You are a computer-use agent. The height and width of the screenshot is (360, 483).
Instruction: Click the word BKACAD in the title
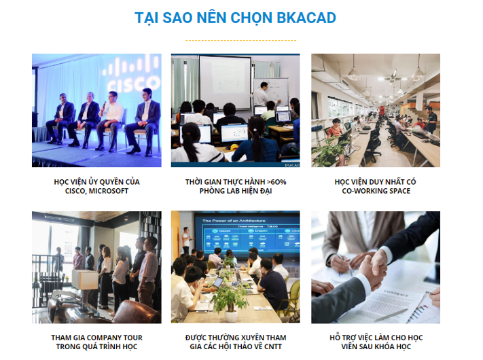click(306, 18)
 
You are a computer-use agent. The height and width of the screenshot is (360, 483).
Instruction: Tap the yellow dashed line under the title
click(240, 40)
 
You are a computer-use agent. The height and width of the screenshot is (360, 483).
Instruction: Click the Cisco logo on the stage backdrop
click(132, 73)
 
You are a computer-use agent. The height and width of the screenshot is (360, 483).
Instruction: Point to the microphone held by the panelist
click(104, 106)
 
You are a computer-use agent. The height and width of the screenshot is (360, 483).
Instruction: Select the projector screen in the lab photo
click(225, 82)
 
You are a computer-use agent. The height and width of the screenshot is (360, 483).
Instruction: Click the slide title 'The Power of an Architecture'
click(234, 221)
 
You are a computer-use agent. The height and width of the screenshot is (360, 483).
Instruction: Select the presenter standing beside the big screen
click(186, 240)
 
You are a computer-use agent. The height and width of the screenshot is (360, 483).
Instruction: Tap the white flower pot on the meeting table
click(231, 317)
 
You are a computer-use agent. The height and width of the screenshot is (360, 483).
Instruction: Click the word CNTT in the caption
click(273, 347)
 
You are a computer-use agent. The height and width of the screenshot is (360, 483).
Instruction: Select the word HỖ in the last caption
click(335, 338)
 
